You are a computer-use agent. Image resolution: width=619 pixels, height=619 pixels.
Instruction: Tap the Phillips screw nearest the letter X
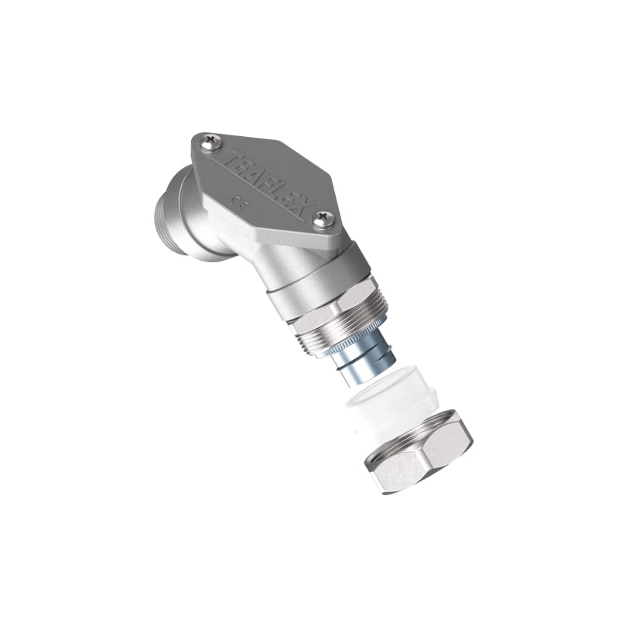tap(324, 220)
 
